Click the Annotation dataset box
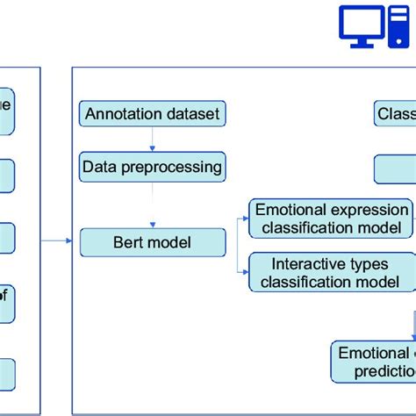(153, 114)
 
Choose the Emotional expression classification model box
(332, 219)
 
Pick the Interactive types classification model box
(332, 272)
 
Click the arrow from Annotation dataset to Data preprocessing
(153, 139)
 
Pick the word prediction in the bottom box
(384, 371)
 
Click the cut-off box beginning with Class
(395, 114)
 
